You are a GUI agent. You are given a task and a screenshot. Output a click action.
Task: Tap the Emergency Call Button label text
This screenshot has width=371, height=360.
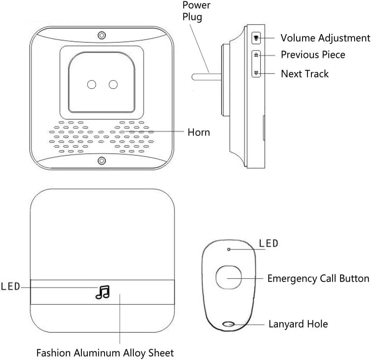[318, 279]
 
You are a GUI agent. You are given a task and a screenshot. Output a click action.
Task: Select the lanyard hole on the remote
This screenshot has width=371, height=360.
[228, 324]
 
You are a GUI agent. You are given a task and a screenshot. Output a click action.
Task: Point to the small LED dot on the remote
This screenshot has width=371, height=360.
[229, 249]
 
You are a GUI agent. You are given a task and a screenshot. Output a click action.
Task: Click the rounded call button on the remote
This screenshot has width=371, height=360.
[229, 278]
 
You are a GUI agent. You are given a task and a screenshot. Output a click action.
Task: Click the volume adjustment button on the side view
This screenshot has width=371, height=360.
[256, 38]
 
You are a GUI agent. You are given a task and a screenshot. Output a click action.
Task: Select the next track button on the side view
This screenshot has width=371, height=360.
[256, 73]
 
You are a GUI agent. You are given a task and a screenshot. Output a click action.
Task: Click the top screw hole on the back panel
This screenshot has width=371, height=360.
[102, 34]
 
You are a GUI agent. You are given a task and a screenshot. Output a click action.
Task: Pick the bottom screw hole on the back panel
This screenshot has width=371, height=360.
[102, 160]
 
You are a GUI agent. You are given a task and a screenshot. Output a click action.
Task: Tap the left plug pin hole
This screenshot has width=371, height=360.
[92, 84]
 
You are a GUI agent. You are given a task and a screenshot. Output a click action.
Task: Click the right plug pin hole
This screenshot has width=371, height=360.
[114, 84]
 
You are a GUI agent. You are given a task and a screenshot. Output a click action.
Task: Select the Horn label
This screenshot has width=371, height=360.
[199, 132]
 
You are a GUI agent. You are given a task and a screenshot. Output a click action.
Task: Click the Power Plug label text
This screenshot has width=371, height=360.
[197, 11]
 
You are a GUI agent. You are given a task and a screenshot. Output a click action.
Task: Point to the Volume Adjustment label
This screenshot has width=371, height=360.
[325, 38]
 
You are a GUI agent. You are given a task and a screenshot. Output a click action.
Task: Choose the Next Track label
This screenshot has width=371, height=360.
[305, 74]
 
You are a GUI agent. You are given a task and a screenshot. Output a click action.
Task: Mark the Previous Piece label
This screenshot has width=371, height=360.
[313, 55]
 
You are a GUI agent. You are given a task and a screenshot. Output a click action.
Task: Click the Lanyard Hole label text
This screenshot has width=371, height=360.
[298, 324]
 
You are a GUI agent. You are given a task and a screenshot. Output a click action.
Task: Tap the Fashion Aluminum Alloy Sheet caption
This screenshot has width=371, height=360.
[105, 353]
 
